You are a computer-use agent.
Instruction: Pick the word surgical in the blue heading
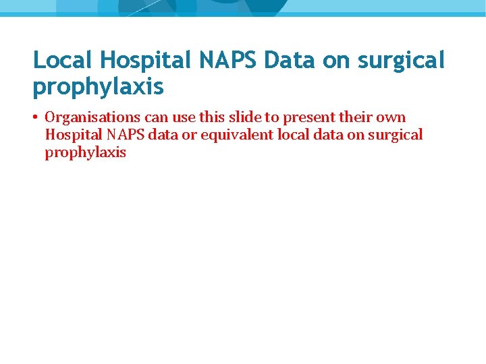coord(402,61)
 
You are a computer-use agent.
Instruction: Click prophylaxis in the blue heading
coord(98,87)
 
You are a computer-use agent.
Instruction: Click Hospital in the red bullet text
coord(72,135)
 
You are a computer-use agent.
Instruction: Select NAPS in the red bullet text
coord(125,135)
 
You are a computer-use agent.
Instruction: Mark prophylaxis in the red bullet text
coord(86,152)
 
